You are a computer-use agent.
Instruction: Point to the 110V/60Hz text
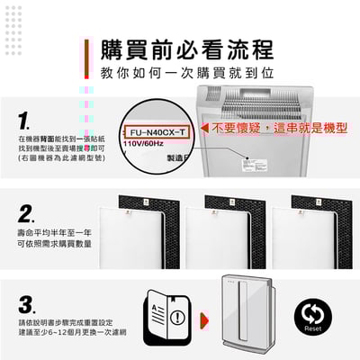(142, 144)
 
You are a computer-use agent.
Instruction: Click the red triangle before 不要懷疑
(205, 130)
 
